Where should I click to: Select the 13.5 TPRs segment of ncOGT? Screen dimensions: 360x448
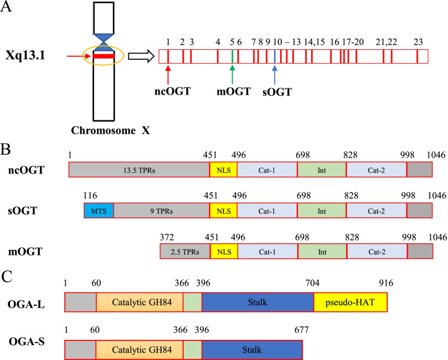pos(138,170)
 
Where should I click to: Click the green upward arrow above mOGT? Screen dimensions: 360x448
pos(232,74)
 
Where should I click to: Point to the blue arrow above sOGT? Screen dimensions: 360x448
pos(274,74)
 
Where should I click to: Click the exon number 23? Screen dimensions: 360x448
pos(418,42)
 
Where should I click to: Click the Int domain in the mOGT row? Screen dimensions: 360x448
pos(321,252)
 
